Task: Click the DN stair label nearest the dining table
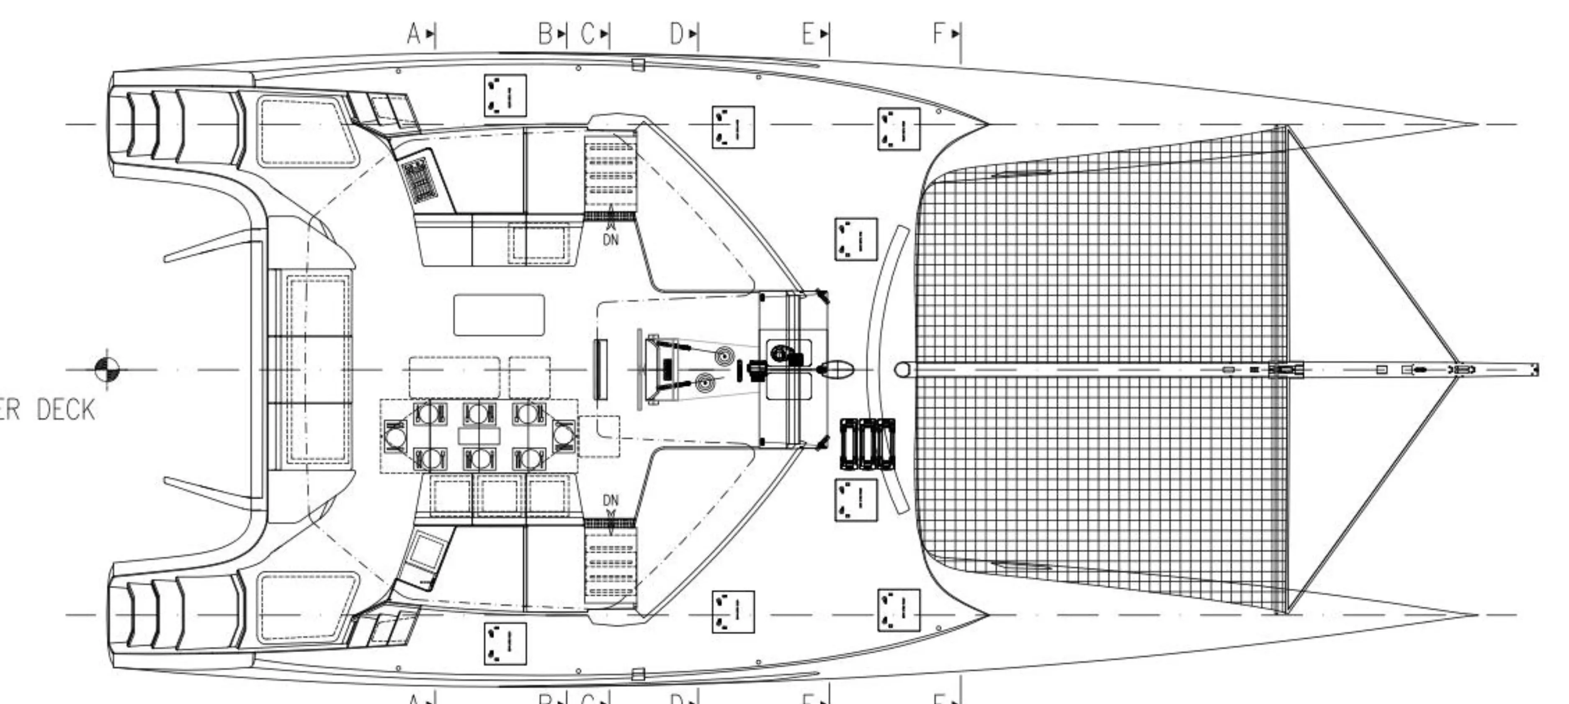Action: click(x=611, y=501)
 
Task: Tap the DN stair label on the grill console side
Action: click(x=611, y=239)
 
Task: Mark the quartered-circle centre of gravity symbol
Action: click(x=107, y=368)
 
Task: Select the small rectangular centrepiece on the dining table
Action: click(x=479, y=435)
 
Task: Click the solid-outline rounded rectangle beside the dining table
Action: click(x=499, y=315)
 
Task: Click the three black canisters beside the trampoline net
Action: click(x=867, y=444)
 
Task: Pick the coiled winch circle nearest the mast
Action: click(x=724, y=355)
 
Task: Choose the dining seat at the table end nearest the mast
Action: click(x=563, y=435)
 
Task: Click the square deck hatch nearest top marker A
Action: click(x=505, y=95)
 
